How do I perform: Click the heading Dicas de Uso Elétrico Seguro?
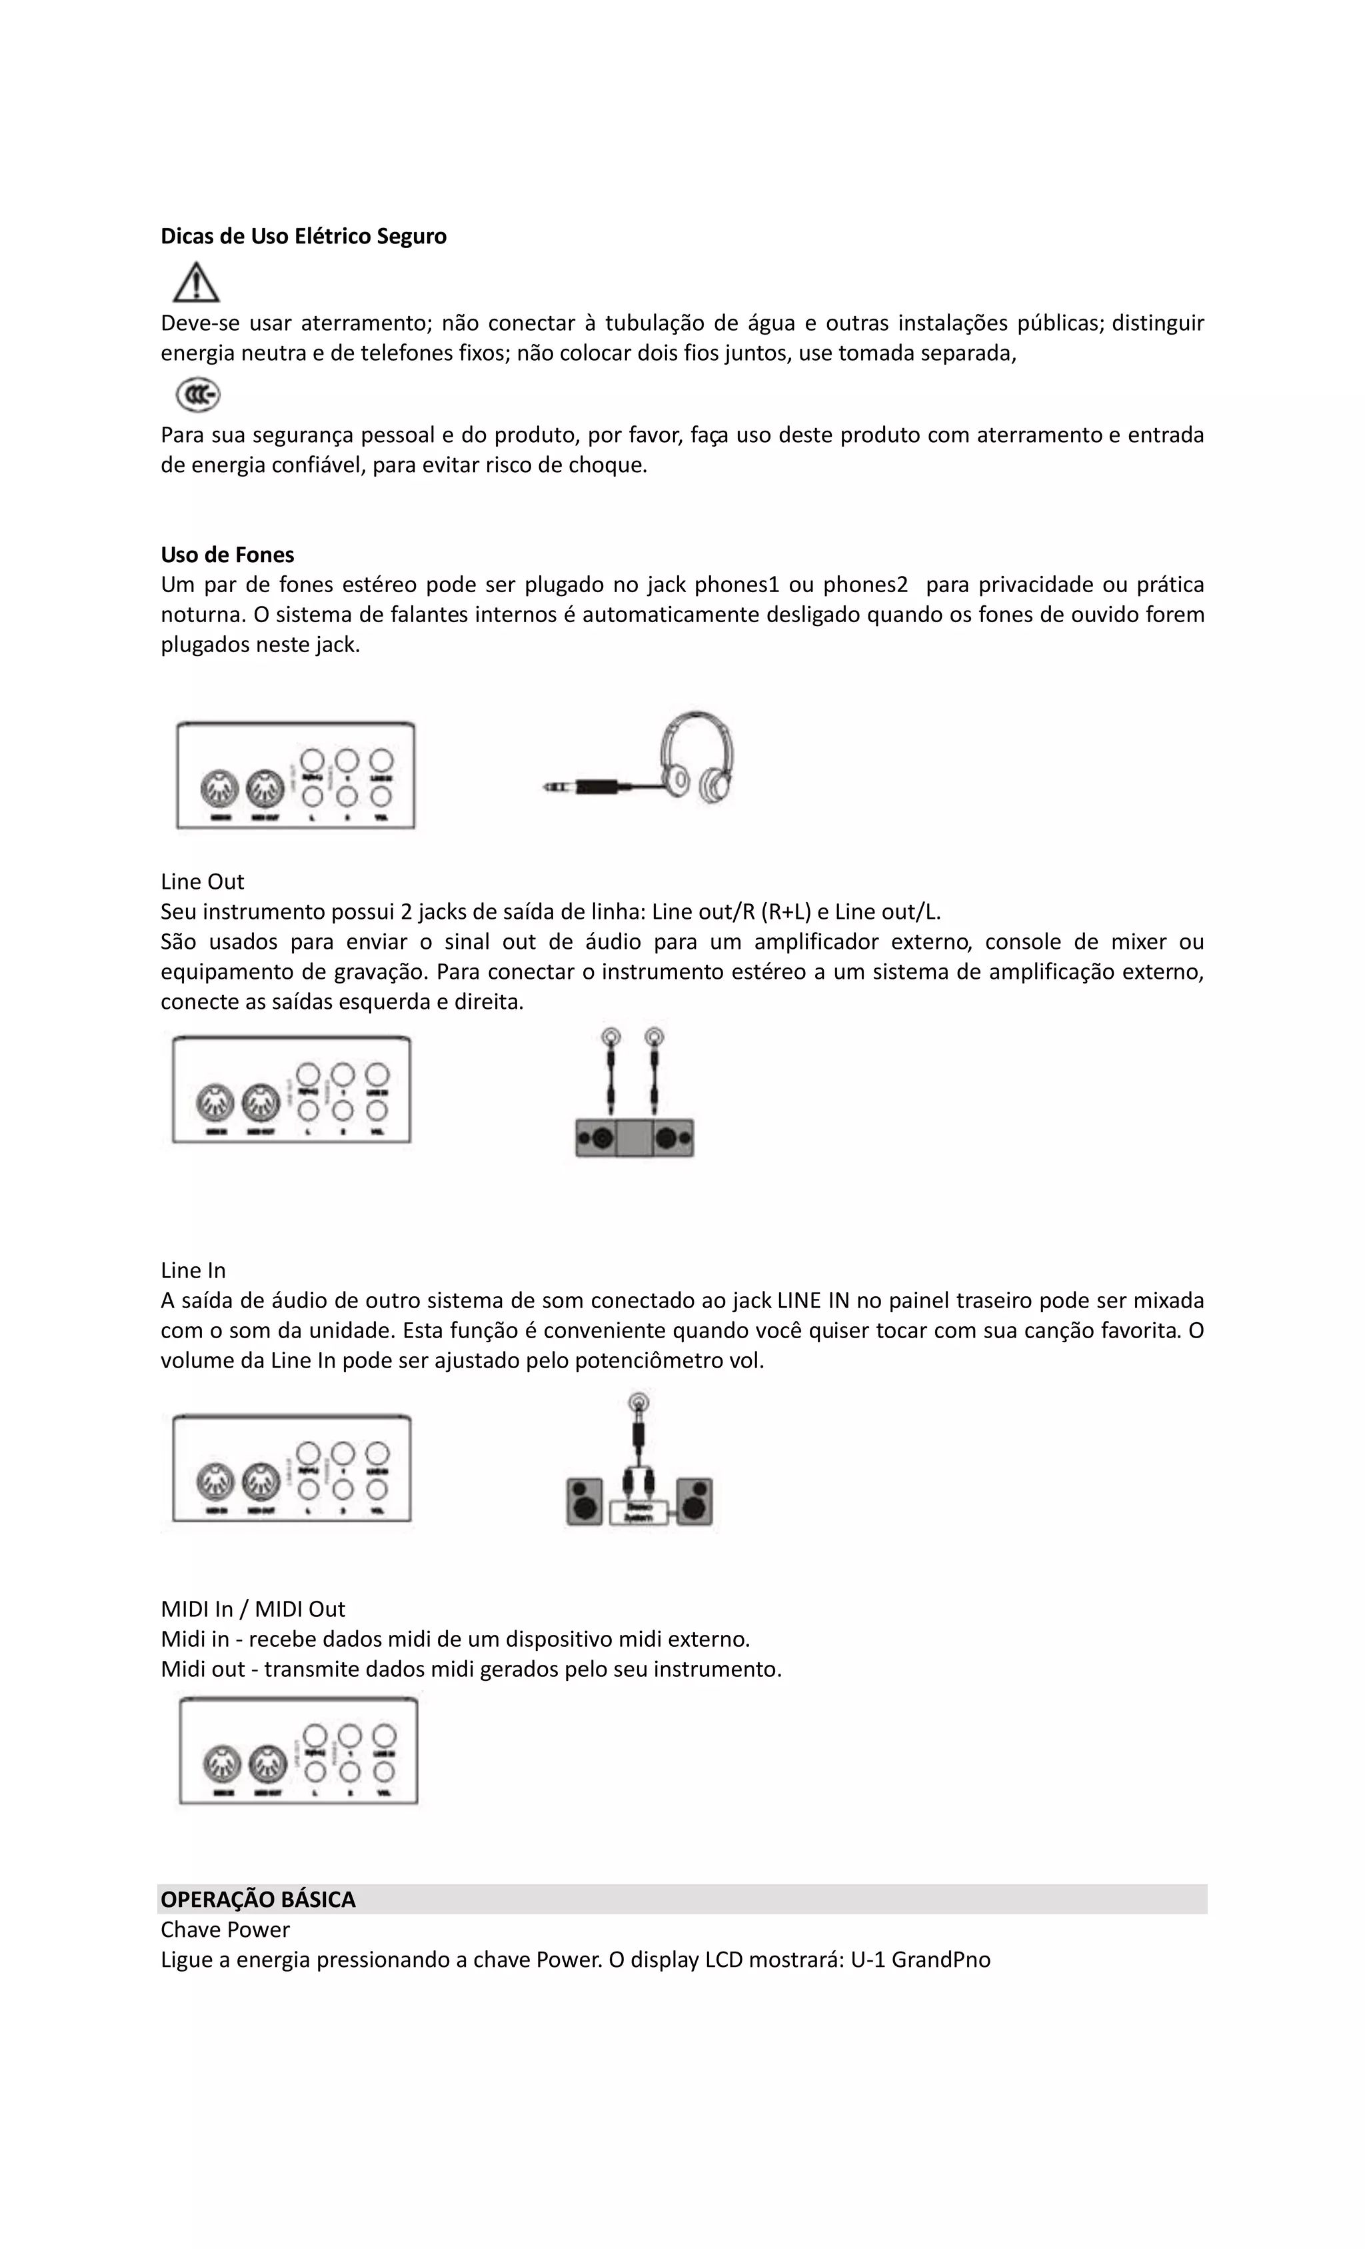[x=303, y=237]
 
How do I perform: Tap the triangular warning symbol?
[x=196, y=283]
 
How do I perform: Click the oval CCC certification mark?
[x=198, y=395]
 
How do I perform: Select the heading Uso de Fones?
[x=227, y=555]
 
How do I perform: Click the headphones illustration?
[x=697, y=757]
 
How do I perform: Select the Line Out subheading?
[x=203, y=881]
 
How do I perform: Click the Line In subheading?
[x=193, y=1271]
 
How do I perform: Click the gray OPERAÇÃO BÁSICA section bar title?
[x=258, y=1900]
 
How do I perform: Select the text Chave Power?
[x=225, y=1930]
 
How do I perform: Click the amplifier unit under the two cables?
[x=634, y=1138]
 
